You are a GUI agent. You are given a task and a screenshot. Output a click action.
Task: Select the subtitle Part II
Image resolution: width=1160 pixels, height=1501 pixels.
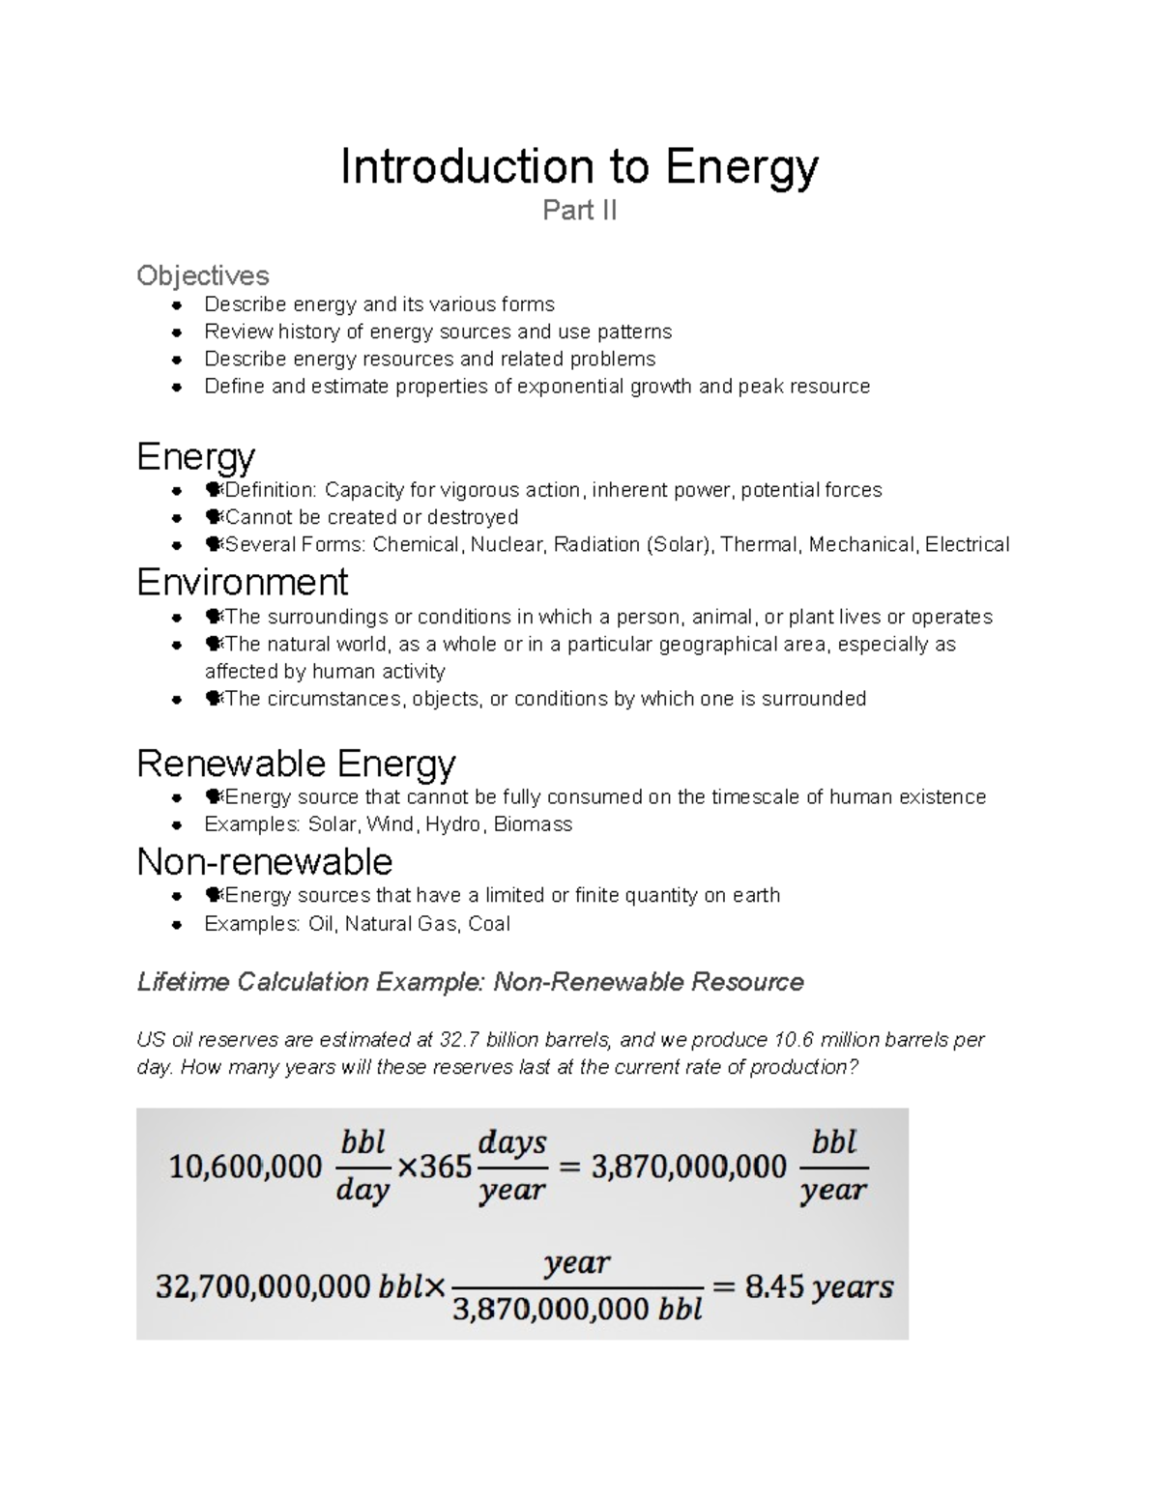579,211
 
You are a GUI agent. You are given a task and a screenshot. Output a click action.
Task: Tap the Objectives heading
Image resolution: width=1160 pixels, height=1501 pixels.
202,275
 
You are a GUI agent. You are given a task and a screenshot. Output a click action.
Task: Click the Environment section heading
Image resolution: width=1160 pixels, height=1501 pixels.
242,582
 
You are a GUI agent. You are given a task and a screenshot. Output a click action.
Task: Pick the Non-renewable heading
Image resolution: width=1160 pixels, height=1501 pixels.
264,861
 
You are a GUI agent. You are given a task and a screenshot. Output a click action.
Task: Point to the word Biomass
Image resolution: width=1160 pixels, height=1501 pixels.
533,824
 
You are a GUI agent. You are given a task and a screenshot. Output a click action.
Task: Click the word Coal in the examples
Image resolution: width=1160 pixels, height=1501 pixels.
488,924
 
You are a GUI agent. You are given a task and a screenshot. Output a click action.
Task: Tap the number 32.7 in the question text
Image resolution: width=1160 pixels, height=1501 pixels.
459,1040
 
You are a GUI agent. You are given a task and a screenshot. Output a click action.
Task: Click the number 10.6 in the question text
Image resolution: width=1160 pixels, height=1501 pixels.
794,1040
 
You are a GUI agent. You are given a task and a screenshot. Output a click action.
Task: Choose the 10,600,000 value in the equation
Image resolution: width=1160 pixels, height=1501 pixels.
246,1168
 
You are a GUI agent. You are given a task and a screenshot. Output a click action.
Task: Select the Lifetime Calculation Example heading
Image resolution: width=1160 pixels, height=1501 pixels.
470,982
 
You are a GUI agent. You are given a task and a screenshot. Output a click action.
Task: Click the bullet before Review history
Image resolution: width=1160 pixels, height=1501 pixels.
177,332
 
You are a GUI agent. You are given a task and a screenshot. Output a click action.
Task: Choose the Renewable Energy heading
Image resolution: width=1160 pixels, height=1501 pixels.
295,764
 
